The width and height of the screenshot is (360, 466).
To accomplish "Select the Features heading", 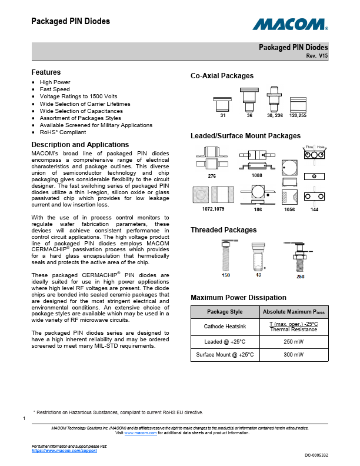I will click(x=46, y=72).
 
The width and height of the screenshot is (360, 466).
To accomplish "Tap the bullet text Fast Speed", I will click(x=55, y=89).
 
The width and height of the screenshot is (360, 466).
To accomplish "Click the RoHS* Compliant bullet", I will click(x=62, y=132).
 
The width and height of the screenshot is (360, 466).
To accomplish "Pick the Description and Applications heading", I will click(x=80, y=145).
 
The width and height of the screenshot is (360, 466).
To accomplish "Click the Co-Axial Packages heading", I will click(x=222, y=76).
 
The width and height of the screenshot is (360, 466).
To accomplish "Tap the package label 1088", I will click(x=256, y=175).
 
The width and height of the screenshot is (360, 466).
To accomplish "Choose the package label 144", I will click(x=314, y=209).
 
